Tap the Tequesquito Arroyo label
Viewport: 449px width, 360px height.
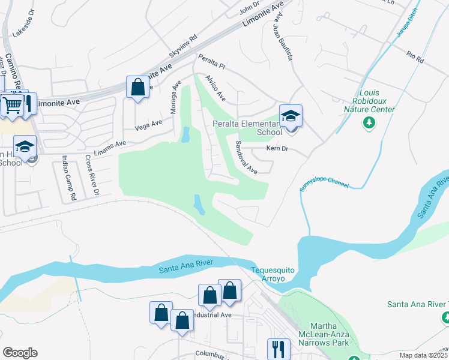(x=273, y=275)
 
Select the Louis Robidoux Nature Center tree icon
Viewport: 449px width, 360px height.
(x=369, y=123)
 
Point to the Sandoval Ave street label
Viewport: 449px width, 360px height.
(x=246, y=158)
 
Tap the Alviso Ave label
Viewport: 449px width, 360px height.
(x=214, y=88)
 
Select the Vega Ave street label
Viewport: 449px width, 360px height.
(x=149, y=125)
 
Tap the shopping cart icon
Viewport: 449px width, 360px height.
(x=12, y=105)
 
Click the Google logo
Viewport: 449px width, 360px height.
(x=20, y=353)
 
